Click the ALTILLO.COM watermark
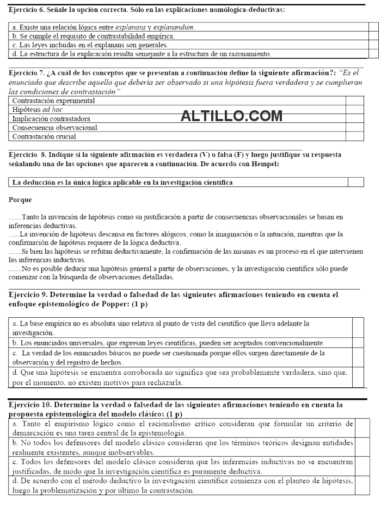coord(231,115)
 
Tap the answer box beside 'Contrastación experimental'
coord(354,101)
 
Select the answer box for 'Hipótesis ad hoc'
coord(354,110)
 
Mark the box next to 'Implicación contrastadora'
coord(354,118)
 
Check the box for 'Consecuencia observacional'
coord(354,128)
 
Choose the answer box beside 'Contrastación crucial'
coord(354,136)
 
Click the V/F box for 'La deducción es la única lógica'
coord(355,183)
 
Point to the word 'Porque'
coord(21,200)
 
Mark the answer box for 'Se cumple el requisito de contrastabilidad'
coord(373,36)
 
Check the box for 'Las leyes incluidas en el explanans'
coord(373,45)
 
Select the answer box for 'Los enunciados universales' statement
coord(358,343)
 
